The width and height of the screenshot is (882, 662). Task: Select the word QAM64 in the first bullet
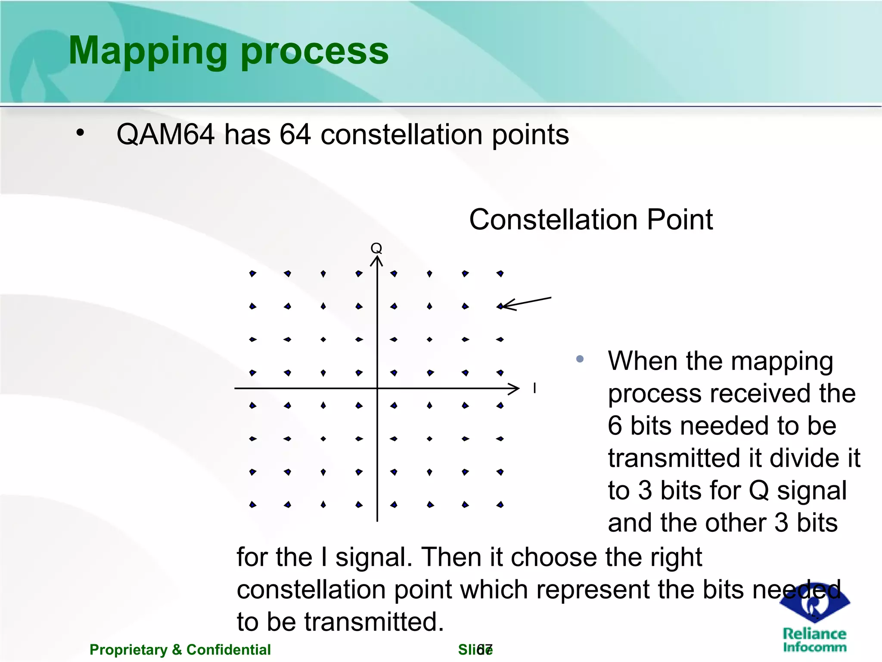(x=165, y=134)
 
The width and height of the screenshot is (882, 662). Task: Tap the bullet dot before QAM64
(x=80, y=133)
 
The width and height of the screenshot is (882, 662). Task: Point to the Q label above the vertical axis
(x=376, y=248)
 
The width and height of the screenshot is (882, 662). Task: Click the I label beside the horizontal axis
(x=534, y=388)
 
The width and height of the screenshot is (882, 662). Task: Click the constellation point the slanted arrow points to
(x=500, y=306)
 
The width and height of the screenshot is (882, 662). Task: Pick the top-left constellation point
(x=253, y=274)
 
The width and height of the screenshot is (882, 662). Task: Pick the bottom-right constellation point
(x=500, y=505)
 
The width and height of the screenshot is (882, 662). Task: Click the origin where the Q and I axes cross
(x=377, y=388)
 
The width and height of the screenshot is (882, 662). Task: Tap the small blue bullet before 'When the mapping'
(x=580, y=359)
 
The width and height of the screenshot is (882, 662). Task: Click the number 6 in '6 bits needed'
(x=615, y=426)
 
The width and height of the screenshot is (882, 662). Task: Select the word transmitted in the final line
(x=374, y=622)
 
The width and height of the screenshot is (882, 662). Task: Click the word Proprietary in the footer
(x=128, y=650)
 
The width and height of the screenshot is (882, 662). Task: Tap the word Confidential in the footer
(x=228, y=650)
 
